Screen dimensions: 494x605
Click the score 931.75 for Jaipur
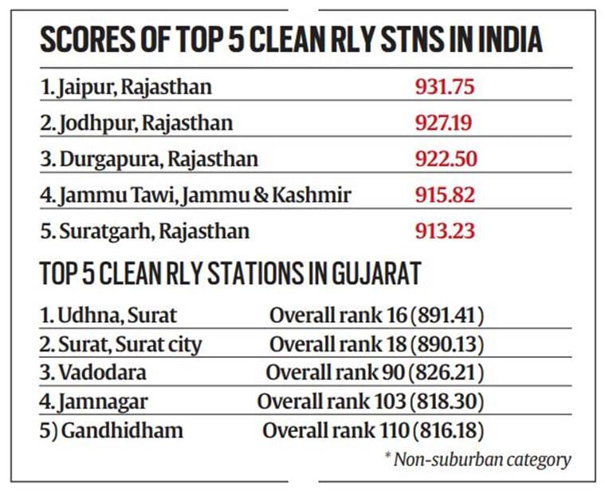[445, 86]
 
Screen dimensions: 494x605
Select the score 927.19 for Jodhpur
[445, 123]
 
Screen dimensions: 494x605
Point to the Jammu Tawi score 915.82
[445, 195]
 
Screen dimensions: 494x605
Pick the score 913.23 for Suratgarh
[445, 231]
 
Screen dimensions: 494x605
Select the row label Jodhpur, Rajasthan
[136, 123]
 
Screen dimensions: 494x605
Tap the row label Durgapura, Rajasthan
[149, 159]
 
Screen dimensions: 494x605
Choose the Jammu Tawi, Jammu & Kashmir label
[196, 195]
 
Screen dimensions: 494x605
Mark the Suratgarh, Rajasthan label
[144, 232]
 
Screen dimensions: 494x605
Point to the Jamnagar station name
[94, 402]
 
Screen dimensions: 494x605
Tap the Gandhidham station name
[111, 431]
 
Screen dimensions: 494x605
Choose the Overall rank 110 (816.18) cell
[373, 431]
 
